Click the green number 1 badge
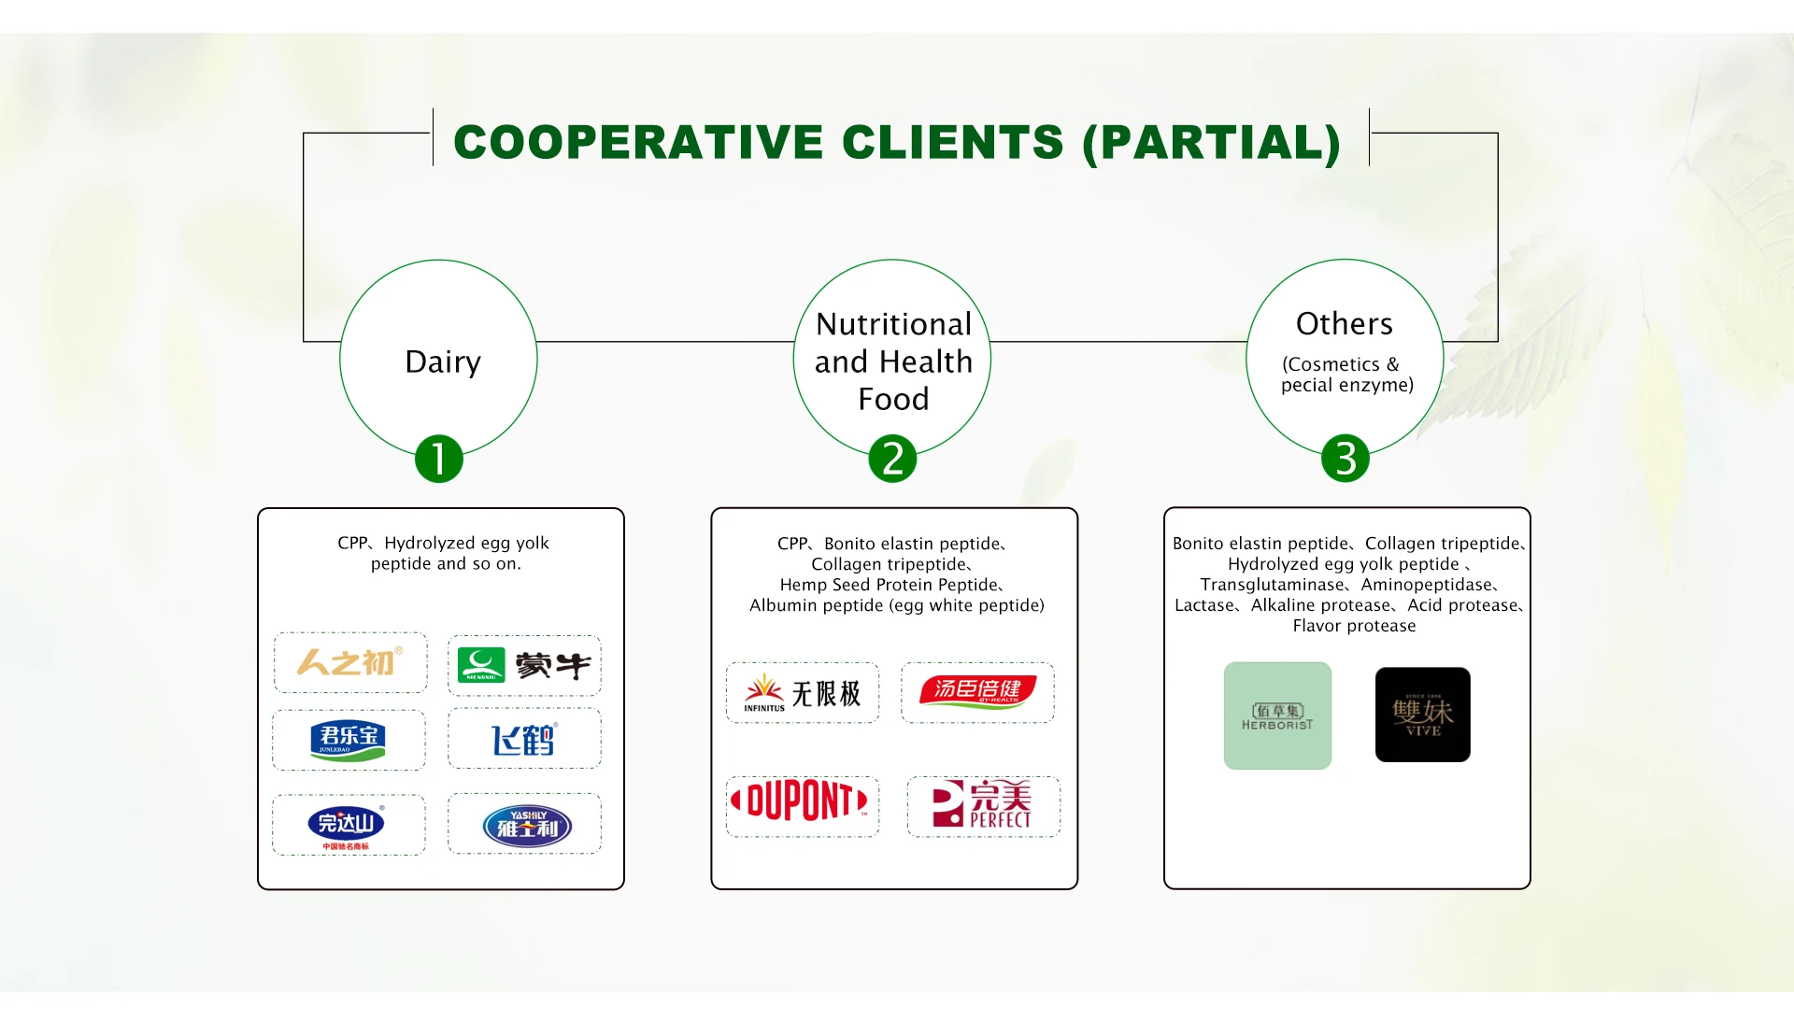[x=439, y=459]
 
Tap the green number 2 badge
[x=892, y=459]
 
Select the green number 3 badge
[x=1345, y=459]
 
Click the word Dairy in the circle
[x=443, y=362]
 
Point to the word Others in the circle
[x=1345, y=323]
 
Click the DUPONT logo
[x=802, y=801]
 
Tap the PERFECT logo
[x=982, y=804]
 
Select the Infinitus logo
[x=802, y=693]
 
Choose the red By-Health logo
[x=977, y=692]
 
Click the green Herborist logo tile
[x=1277, y=715]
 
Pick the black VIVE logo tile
[x=1422, y=715]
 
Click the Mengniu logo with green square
[x=524, y=665]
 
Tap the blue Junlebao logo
[x=348, y=740]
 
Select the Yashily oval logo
[x=527, y=826]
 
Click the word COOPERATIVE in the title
[x=639, y=142]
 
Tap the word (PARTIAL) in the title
[x=1212, y=142]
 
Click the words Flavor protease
[x=1354, y=626]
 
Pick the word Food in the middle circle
[x=893, y=399]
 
